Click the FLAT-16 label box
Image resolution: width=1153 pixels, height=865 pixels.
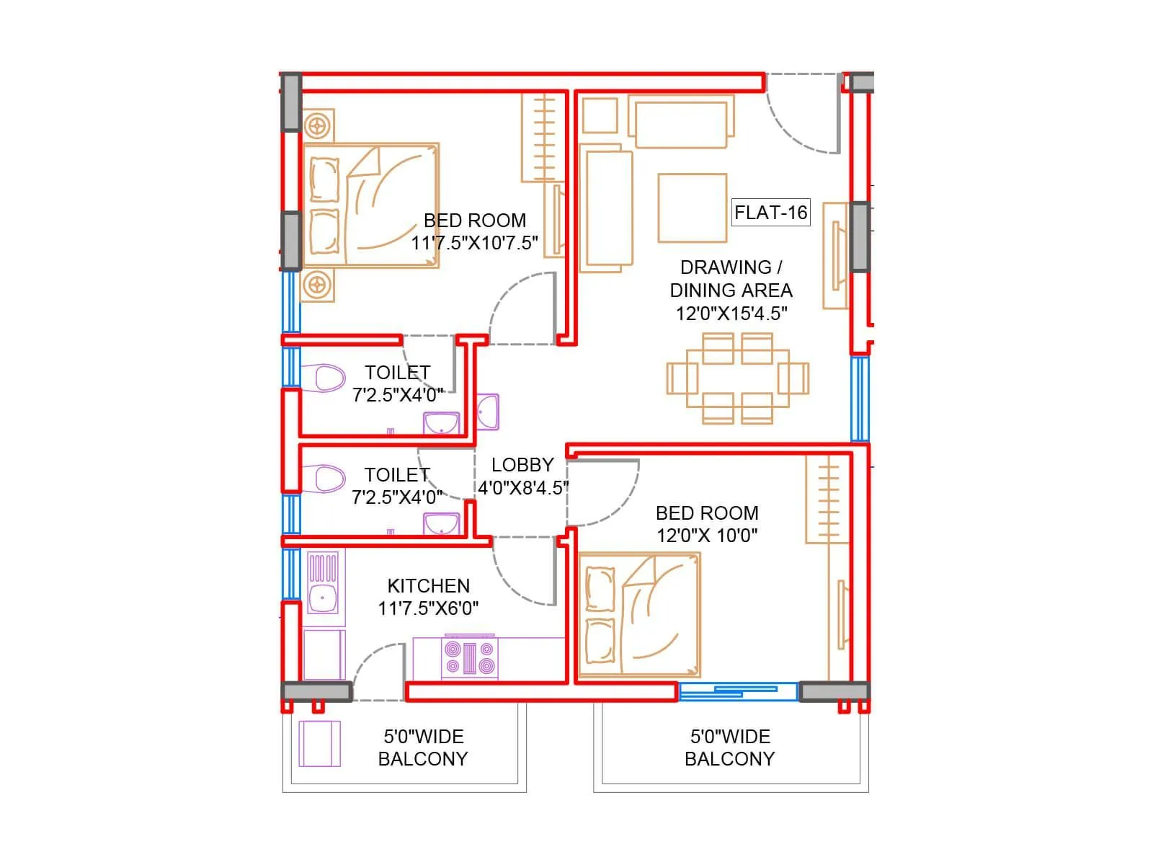click(770, 213)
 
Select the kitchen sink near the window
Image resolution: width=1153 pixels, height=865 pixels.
click(323, 596)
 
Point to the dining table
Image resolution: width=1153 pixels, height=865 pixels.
click(737, 378)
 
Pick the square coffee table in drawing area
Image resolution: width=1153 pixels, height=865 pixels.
click(692, 208)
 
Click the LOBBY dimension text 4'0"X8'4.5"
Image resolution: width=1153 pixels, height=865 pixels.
click(522, 488)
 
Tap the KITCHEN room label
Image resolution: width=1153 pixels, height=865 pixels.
click(428, 585)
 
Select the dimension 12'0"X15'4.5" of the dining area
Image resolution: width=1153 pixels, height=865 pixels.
click(731, 314)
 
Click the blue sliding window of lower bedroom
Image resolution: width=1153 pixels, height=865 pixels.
click(738, 692)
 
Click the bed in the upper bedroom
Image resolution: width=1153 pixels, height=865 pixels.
click(371, 205)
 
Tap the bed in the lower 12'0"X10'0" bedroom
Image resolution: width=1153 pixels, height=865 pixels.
click(639, 615)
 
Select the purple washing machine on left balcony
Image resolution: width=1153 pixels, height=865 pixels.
click(320, 744)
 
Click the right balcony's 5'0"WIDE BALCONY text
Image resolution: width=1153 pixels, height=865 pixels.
click(729, 748)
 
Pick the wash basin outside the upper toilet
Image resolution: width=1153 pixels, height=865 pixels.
click(488, 412)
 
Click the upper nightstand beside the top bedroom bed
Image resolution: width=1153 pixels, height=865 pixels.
click(318, 126)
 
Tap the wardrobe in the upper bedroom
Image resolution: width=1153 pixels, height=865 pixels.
click(543, 137)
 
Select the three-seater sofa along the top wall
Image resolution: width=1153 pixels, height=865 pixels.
click(681, 123)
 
